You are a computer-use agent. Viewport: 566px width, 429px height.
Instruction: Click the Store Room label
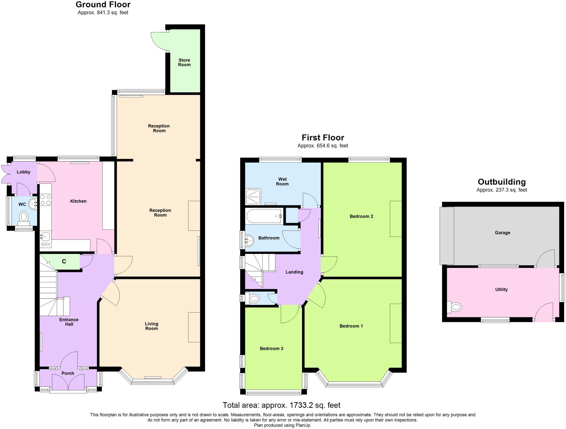pos(184,62)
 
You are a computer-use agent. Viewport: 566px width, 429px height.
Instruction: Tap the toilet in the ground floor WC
pos(24,217)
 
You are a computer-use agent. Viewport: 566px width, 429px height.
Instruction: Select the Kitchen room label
pos(78,201)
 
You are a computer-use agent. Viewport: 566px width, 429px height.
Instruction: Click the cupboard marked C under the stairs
pos(64,261)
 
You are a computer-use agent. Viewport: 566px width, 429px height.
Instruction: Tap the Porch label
pos(68,373)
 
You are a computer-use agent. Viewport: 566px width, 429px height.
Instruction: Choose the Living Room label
pos(151,326)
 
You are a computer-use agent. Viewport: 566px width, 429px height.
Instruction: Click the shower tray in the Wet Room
pos(253,196)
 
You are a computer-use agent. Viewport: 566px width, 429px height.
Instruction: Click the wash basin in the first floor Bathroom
pos(249,239)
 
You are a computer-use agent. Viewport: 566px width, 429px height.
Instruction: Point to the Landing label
pos(294,272)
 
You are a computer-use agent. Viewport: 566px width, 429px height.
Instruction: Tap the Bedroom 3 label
pos(271,349)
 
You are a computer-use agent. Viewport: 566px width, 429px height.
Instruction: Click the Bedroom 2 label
pos(361,216)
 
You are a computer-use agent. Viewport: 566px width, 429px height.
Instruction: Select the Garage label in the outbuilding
pos(502,233)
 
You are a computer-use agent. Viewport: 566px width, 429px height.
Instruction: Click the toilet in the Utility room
pos(455,307)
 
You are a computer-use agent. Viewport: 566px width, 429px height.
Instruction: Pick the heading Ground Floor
pos(103,5)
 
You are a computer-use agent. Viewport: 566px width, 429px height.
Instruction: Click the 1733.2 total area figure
pos(302,405)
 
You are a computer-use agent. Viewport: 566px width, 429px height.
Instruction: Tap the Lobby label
pos(23,172)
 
